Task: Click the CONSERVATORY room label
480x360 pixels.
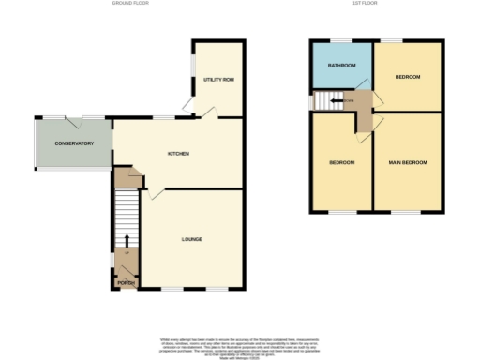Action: [x=74, y=143]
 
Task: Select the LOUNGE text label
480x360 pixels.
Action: [x=191, y=239]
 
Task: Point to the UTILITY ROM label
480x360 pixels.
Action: [x=218, y=80]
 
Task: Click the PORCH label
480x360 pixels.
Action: [x=126, y=282]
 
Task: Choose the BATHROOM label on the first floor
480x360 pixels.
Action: [x=341, y=66]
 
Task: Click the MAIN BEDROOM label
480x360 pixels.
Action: [x=408, y=163]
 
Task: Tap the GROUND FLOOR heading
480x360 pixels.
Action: [x=132, y=4]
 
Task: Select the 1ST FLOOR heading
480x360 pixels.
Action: [x=359, y=4]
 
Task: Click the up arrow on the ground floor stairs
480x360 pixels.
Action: [x=127, y=242]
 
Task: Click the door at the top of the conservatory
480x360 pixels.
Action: [x=75, y=120]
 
